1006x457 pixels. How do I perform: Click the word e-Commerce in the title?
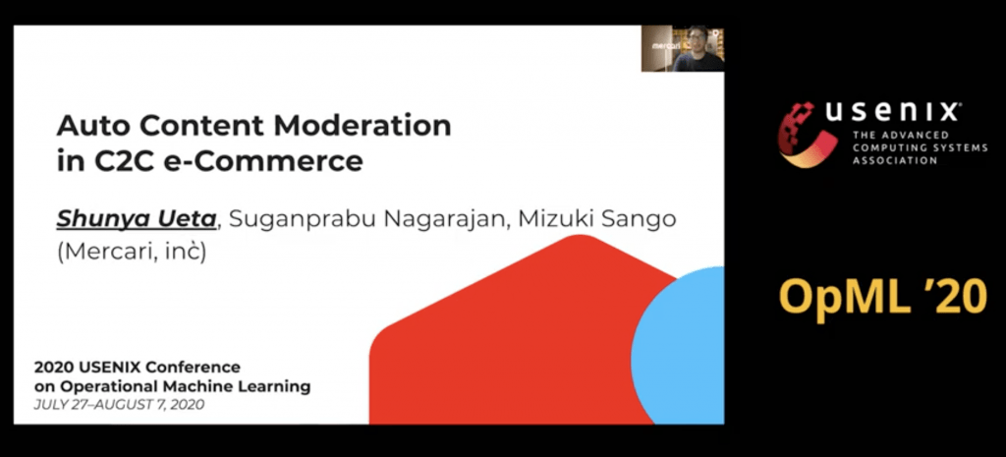pos(263,161)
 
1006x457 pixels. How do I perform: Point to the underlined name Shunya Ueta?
pos(137,219)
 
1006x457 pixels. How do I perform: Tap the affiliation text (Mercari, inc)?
pos(132,253)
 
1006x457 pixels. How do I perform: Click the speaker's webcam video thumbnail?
pos(683,48)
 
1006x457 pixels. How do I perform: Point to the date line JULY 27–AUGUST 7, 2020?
pos(119,405)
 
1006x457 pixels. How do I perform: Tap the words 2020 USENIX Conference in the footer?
pos(138,368)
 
